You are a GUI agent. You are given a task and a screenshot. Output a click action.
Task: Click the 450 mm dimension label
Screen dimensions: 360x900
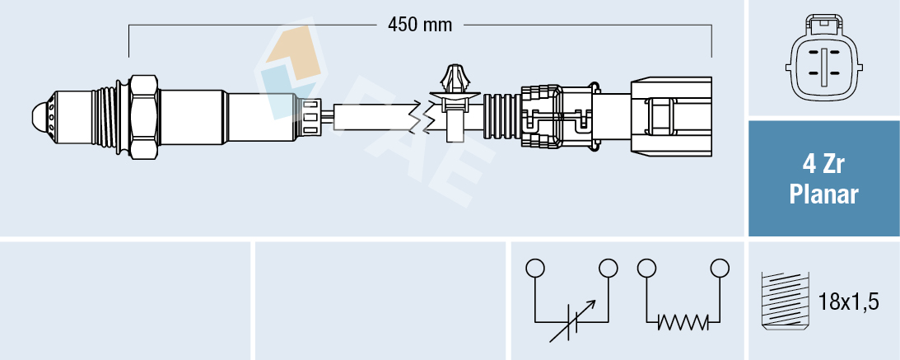pos(420,25)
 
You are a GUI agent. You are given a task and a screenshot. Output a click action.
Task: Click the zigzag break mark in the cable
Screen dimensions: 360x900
pos(419,117)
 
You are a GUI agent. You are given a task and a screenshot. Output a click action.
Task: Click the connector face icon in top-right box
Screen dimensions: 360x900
pos(823,62)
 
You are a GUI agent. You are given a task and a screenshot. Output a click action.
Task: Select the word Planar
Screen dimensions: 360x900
pos(823,195)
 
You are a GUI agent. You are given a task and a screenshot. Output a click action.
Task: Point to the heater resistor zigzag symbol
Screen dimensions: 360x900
pos(683,320)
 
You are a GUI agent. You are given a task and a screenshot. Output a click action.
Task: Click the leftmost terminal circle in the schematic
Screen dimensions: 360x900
pos(535,268)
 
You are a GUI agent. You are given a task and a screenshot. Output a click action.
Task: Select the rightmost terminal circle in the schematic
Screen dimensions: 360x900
pos(720,268)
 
